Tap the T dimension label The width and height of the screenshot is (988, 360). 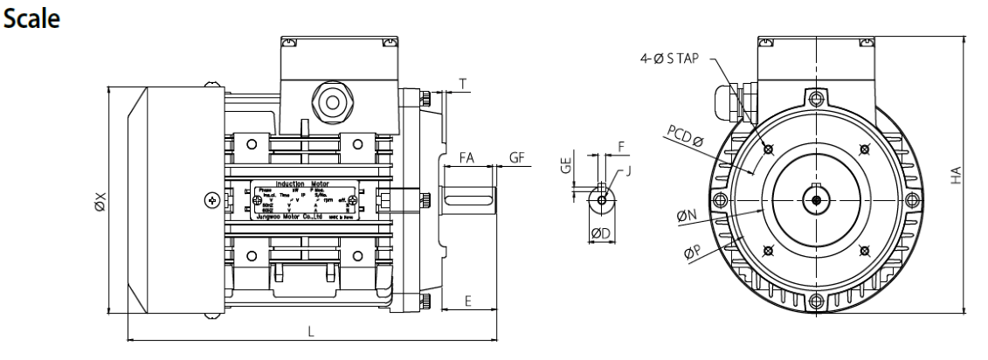click(x=461, y=85)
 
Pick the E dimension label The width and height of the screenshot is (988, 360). click(x=468, y=301)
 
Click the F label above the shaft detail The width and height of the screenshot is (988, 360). click(x=622, y=149)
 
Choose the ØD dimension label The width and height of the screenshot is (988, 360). click(x=600, y=233)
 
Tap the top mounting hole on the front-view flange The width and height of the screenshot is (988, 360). click(x=815, y=96)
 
